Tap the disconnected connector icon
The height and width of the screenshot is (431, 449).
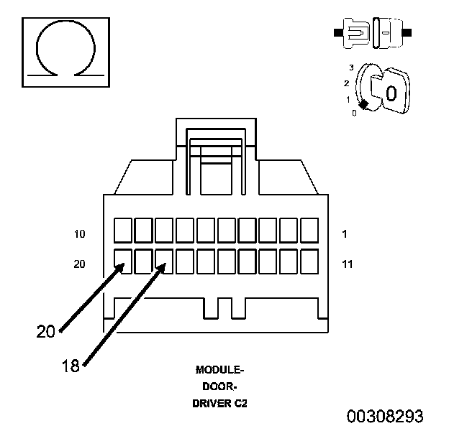coord(373,33)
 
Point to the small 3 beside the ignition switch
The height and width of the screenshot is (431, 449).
coord(351,68)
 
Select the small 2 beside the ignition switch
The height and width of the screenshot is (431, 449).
coord(347,83)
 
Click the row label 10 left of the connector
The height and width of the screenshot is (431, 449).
coord(80,234)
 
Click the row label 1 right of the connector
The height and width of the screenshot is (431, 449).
coord(345,234)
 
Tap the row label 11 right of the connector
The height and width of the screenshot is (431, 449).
coord(348,264)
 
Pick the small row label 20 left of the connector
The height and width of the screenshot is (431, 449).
coord(79,264)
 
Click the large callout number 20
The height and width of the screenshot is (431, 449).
coord(45,332)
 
